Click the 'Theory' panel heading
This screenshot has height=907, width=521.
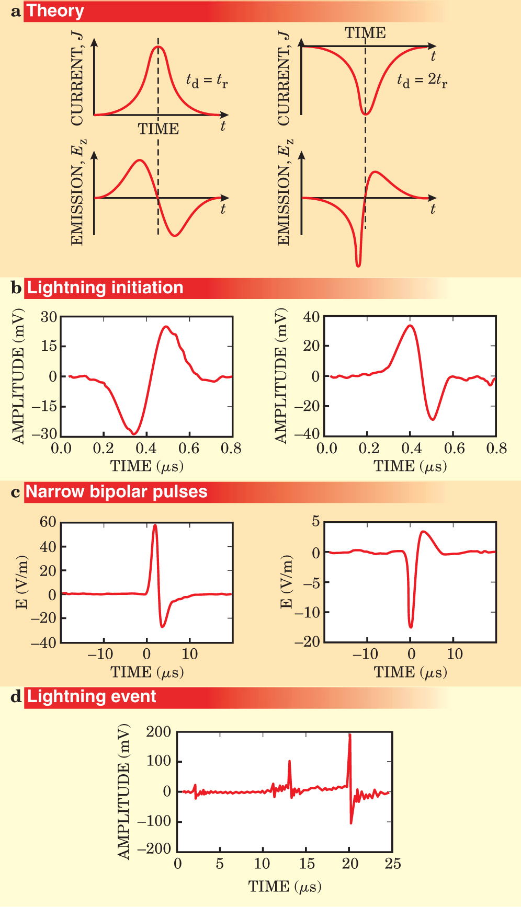[x=55, y=11]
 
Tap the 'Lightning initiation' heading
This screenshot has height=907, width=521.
[x=105, y=288]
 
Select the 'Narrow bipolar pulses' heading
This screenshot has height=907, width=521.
[x=116, y=492]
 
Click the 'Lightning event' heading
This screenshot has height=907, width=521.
[x=91, y=697]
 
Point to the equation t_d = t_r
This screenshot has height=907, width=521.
[x=207, y=81]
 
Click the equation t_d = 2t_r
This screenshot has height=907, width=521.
[x=422, y=81]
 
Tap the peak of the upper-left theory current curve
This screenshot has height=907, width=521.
[x=158, y=47]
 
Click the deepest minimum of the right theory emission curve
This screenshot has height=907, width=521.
[x=358, y=266]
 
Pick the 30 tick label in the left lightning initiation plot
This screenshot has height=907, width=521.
[x=49, y=317]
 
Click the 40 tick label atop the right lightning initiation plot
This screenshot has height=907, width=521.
[x=311, y=317]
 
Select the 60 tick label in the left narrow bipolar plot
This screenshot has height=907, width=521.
[x=48, y=522]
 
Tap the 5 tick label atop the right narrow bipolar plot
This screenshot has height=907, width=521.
[x=315, y=521]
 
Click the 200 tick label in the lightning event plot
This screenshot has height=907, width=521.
[x=158, y=732]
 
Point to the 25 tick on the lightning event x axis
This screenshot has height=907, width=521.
[x=393, y=864]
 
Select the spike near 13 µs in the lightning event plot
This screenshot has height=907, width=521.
[x=289, y=762]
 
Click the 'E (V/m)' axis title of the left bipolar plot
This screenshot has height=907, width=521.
[x=22, y=581]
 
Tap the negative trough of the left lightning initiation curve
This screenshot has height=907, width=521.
[x=134, y=433]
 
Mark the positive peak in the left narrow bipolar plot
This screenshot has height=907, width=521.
[x=155, y=525]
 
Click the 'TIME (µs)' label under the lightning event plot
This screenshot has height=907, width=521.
[x=285, y=887]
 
